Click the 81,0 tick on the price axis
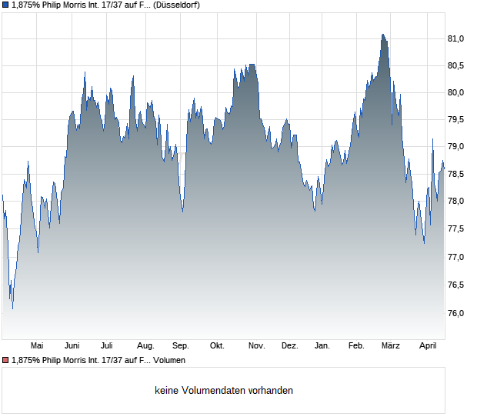click(x=457, y=38)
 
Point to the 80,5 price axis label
click(x=457, y=65)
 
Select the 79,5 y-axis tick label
click(x=457, y=119)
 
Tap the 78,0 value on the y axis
click(x=457, y=202)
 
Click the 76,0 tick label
click(x=457, y=313)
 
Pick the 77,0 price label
click(x=457, y=257)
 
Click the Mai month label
click(x=36, y=345)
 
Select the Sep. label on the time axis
click(x=181, y=345)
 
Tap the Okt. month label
click(x=217, y=345)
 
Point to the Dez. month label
click(x=289, y=345)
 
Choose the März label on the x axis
click(x=391, y=345)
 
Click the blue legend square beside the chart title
click(x=5, y=5)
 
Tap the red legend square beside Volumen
click(x=5, y=360)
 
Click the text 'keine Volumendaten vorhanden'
click(x=224, y=391)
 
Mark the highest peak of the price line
click(x=382, y=34)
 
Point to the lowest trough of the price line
click(x=13, y=309)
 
